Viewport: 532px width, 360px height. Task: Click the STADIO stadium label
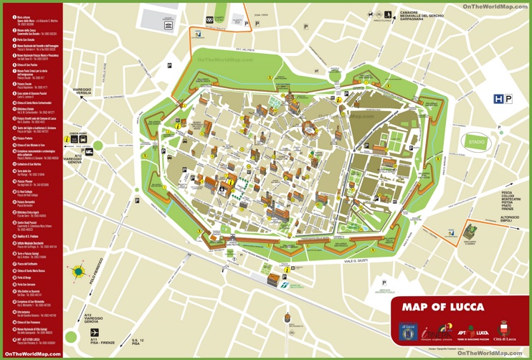tap(476, 143)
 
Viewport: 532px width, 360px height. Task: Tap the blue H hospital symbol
tap(498, 100)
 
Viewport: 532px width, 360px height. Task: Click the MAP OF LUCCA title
tap(442, 307)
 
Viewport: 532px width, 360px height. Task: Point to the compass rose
tap(77, 272)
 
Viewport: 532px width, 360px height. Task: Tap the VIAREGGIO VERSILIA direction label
tap(82, 91)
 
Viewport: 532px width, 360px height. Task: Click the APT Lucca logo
tap(473, 333)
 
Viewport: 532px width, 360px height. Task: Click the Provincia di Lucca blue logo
tap(408, 333)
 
